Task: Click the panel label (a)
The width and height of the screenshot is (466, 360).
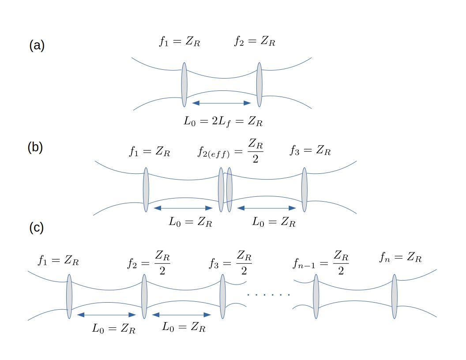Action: click(37, 45)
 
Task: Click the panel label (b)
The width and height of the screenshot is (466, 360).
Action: click(35, 147)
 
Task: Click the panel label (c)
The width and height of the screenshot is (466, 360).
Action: click(36, 228)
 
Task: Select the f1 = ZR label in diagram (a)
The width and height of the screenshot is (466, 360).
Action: click(180, 42)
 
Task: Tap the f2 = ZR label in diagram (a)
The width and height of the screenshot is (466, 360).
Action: click(255, 42)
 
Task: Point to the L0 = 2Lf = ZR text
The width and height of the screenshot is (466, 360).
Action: click(223, 121)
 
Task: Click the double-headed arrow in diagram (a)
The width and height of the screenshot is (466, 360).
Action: click(222, 103)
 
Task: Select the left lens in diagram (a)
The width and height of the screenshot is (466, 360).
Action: click(184, 85)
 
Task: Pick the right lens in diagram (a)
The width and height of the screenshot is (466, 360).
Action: click(259, 85)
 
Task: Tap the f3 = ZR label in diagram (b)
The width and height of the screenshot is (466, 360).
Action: click(310, 151)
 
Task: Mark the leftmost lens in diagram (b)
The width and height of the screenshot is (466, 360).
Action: click(146, 190)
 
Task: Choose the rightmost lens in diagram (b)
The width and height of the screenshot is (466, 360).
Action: click(304, 190)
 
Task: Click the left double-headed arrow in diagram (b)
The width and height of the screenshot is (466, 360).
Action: click(183, 208)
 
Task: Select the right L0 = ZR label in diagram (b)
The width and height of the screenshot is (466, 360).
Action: click(274, 221)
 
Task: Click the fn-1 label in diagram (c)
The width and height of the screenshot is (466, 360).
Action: click(320, 262)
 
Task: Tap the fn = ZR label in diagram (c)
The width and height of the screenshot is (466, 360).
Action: click(400, 257)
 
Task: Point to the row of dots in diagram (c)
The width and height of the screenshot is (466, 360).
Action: click(268, 294)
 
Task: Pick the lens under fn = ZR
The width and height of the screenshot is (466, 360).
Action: click(394, 296)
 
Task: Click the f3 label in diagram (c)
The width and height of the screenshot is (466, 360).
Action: click(230, 262)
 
